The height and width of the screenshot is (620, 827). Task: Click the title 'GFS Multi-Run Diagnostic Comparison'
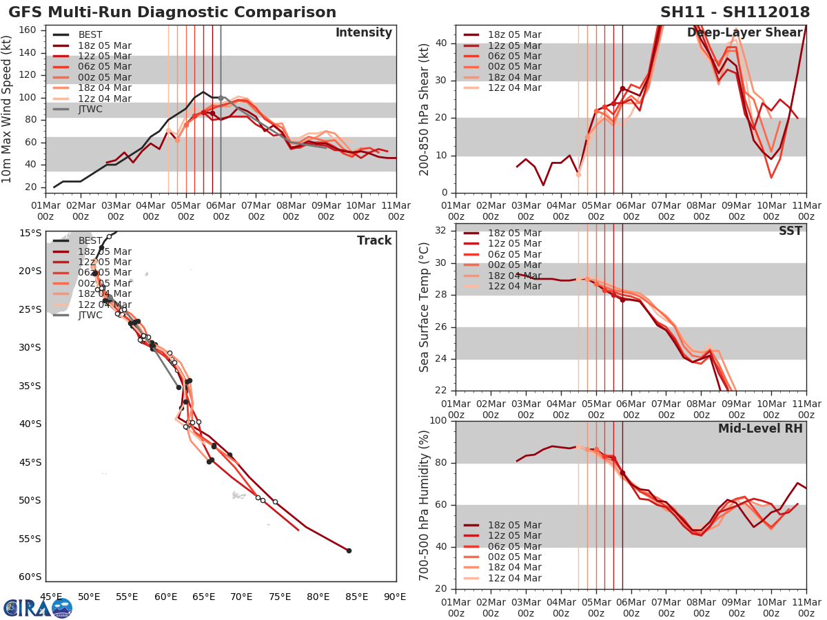coord(172,12)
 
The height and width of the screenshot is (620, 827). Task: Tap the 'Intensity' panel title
coord(363,33)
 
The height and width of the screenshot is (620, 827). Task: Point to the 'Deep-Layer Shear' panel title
coord(744,33)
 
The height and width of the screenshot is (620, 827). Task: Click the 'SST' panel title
coord(790,231)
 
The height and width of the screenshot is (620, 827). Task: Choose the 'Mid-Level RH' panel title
coord(760,428)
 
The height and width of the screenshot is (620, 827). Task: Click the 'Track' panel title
coord(374,240)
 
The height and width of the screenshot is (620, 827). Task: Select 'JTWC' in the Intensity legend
coord(90,109)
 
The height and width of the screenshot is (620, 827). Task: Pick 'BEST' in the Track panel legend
coord(90,240)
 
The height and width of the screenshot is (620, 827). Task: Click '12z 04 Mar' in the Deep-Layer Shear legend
coord(514,87)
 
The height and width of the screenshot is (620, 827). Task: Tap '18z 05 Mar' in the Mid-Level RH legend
coord(514,525)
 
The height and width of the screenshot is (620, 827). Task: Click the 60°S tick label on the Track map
coord(31,577)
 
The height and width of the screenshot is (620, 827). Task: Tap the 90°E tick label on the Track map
coord(394,597)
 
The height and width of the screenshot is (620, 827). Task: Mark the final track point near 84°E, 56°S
coord(349,550)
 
